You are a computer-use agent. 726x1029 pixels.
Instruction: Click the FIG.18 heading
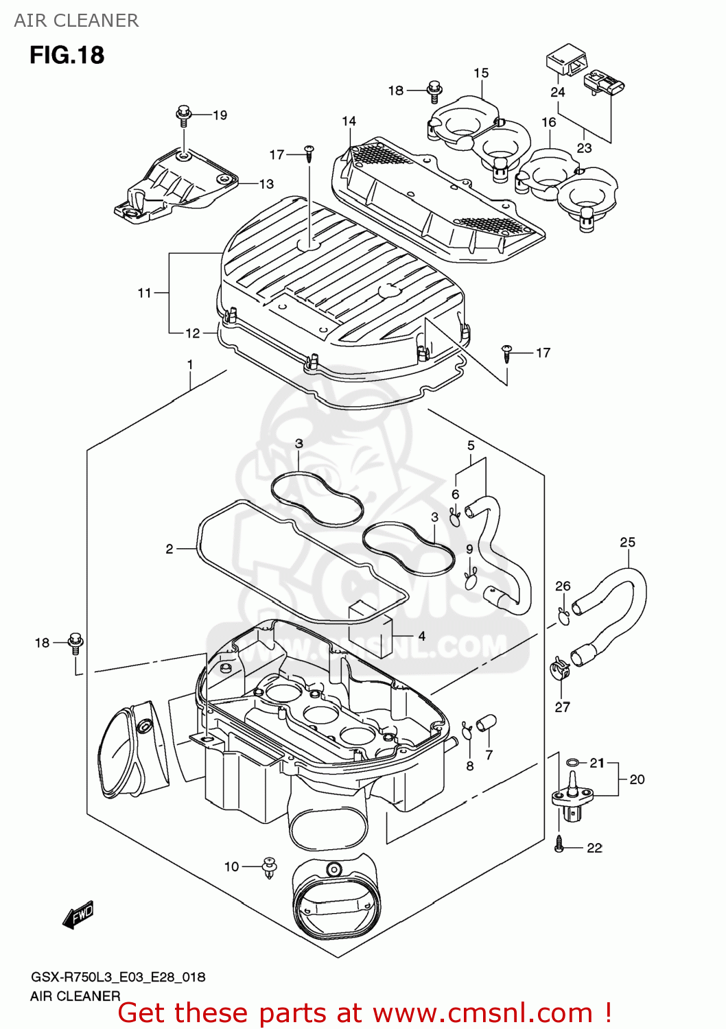pos(67,55)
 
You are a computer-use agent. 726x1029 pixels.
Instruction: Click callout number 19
pos(220,115)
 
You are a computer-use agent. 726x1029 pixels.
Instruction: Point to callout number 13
pos(266,184)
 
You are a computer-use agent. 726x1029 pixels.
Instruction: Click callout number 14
pos(349,121)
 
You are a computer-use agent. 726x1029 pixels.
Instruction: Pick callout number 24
pos(557,92)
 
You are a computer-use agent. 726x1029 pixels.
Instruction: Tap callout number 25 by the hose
pos(627,543)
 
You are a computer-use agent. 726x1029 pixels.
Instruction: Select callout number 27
pos(562,707)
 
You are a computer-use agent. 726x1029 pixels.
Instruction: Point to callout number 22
pos(594,848)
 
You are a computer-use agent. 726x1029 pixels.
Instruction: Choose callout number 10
pos(232,866)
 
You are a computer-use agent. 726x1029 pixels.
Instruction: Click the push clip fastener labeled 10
pos(270,868)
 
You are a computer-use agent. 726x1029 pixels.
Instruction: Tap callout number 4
pos(421,636)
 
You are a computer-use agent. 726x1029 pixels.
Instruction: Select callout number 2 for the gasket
pos(169,549)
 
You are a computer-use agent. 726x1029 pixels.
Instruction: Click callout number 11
pos(144,293)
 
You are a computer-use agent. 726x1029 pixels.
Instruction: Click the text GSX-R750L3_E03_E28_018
pos(117,977)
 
